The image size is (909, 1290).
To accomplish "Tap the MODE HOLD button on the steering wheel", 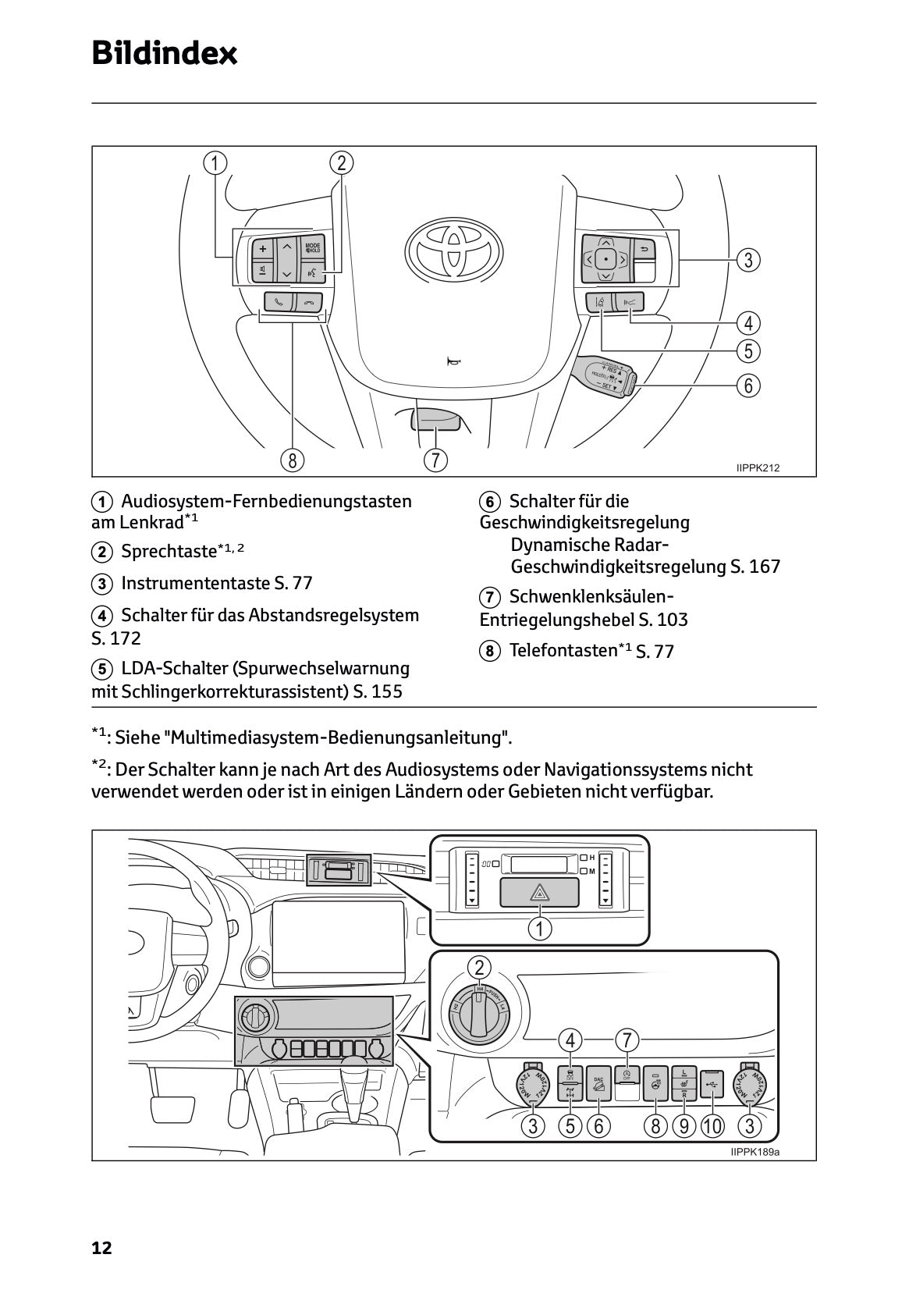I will click(x=313, y=248).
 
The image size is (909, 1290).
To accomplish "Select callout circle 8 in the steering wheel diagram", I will click(x=293, y=460).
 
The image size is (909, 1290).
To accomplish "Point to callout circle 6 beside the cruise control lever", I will click(x=747, y=385).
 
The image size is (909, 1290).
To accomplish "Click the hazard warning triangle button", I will click(x=539, y=892).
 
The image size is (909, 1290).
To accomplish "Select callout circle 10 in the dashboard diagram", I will click(x=712, y=1126).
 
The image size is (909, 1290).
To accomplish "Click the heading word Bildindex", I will click(x=165, y=53).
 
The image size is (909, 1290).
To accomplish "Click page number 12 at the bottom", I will click(x=102, y=1248).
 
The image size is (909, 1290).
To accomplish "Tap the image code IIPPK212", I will click(x=758, y=468).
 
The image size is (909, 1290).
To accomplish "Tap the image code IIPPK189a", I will click(x=755, y=1152).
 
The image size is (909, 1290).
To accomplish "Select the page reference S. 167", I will click(x=755, y=567).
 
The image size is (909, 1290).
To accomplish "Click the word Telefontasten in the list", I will click(x=563, y=650).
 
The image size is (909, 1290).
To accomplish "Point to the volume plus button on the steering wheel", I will click(x=263, y=249).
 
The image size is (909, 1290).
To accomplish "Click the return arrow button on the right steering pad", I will click(x=644, y=250).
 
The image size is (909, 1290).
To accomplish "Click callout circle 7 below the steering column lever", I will click(x=435, y=460).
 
